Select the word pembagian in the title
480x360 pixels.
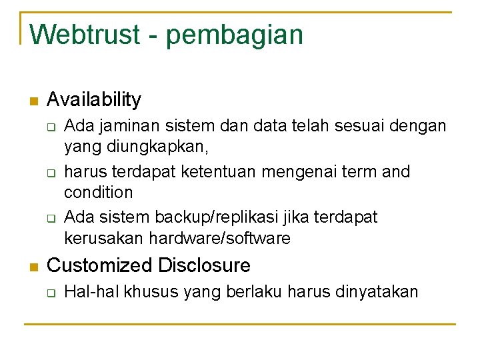pos(234,35)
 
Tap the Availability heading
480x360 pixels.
pos(94,100)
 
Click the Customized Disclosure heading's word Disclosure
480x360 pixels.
pos(204,265)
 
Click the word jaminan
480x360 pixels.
pos(123,125)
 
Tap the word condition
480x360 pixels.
pos(99,192)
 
